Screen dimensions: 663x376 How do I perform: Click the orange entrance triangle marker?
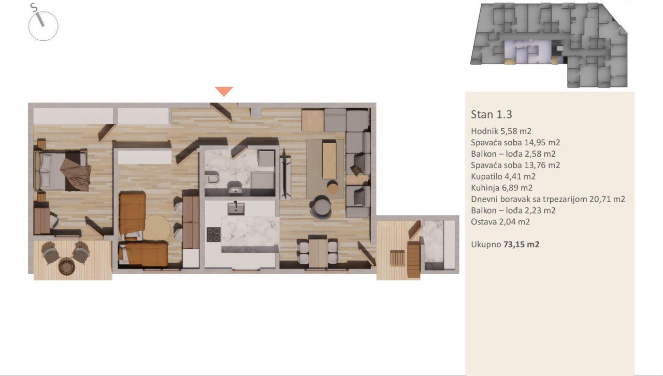point(224,91)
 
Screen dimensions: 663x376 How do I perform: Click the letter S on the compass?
point(34,7)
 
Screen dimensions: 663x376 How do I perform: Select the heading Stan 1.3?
point(492,114)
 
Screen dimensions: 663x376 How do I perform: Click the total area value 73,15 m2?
point(521,245)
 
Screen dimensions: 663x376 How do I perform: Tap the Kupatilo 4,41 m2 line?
point(503,176)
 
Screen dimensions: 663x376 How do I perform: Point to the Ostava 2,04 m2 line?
point(500,222)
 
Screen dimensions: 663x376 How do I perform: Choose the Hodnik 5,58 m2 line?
point(501,131)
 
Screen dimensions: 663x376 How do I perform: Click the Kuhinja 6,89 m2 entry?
point(502,188)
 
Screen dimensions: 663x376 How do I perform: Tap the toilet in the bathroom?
point(212,178)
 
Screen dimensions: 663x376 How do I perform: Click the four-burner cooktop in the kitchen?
point(213,234)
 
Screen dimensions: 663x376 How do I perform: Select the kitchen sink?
point(236,208)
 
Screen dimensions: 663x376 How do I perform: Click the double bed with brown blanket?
point(63,171)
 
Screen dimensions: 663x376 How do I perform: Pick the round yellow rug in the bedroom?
point(157,228)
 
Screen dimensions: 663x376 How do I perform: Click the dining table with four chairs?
point(318,252)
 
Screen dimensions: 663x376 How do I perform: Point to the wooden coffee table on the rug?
point(329,160)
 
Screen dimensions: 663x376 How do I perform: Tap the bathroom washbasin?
point(236,190)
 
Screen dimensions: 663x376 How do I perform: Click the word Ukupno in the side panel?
point(486,245)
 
